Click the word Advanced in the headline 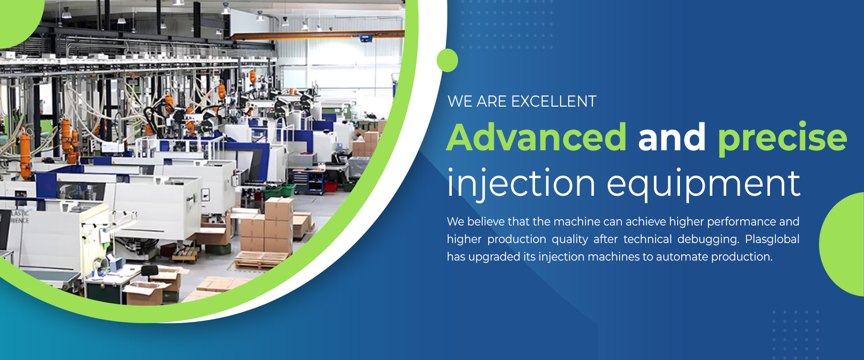[x=536, y=137]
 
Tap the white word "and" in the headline [x=672, y=137]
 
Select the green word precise [x=783, y=139]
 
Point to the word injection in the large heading [x=522, y=184]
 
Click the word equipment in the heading [x=704, y=185]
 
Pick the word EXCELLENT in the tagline [x=554, y=101]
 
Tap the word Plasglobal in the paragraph [x=772, y=239]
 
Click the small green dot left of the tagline [x=447, y=60]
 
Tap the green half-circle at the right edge [x=842, y=244]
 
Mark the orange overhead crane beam [x=318, y=35]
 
